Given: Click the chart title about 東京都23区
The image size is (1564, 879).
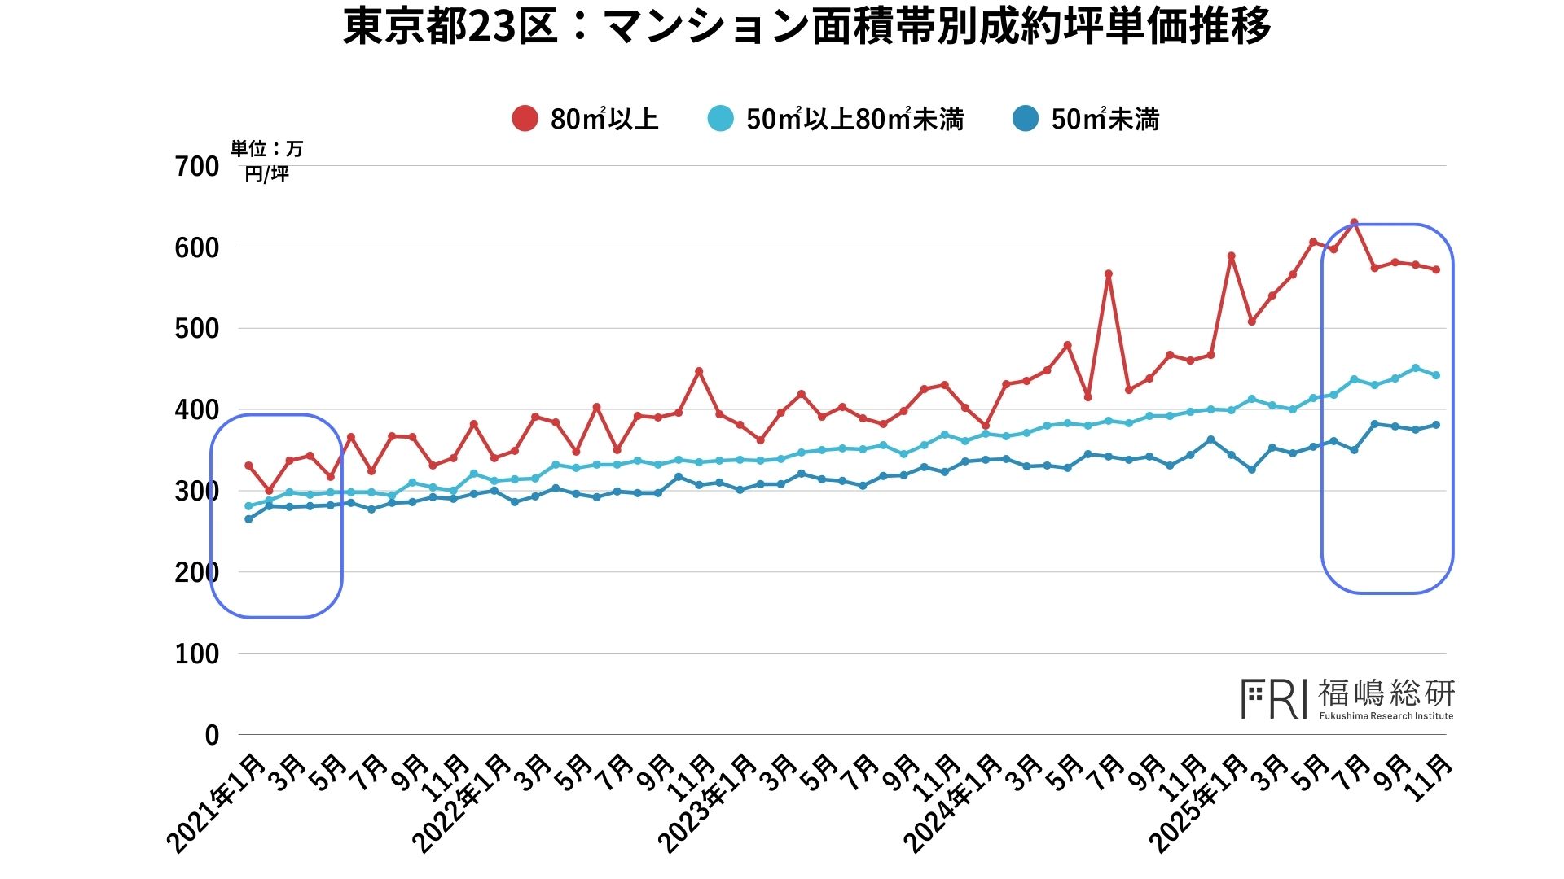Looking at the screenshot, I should (806, 28).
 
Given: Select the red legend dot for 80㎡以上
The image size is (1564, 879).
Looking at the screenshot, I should (525, 119).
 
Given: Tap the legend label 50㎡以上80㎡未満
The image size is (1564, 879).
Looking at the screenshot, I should (854, 120).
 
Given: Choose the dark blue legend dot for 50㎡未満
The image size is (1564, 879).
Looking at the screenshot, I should (1026, 119).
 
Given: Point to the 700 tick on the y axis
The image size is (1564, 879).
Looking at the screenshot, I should (197, 167).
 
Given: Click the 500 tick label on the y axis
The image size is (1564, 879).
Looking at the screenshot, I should (197, 329).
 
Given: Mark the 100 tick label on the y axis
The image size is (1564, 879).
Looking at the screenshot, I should (197, 654).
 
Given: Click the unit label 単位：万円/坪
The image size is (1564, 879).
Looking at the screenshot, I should (267, 160).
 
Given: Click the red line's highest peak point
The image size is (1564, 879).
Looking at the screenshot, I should (1354, 222).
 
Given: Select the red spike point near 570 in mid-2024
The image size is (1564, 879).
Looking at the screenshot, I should (1109, 274).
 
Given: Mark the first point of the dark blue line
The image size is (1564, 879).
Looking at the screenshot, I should (248, 519).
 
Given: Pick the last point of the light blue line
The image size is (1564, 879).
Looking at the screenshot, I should (1436, 375).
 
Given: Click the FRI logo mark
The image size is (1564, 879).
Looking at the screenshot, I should (1274, 699).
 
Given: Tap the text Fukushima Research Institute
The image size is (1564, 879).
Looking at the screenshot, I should (1386, 716).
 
